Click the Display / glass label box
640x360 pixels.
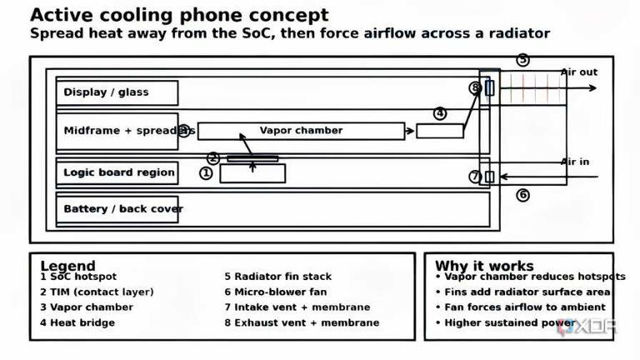(117, 92)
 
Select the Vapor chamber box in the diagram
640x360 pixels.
(301, 131)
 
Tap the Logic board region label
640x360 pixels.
(117, 172)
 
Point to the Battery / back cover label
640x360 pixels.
(122, 208)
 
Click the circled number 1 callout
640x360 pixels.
(206, 173)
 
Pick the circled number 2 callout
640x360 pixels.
(213, 157)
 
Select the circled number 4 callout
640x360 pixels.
(439, 113)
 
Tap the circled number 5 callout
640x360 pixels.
(522, 60)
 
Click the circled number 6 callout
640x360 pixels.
(522, 195)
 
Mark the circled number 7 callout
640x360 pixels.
(475, 177)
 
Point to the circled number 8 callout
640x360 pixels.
(475, 87)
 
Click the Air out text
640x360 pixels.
(578, 72)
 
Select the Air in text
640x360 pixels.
(575, 162)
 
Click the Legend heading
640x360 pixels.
(67, 266)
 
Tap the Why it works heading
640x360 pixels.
(484, 266)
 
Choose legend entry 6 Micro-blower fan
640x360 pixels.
(275, 292)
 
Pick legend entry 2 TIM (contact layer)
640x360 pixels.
(97, 292)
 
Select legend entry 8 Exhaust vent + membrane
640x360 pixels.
(301, 322)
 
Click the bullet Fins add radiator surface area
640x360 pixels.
(522, 292)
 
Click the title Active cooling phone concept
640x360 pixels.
(179, 15)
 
